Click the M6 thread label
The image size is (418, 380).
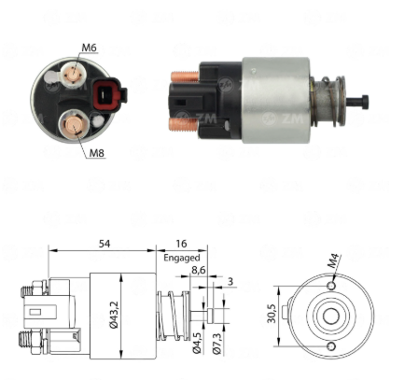[x=89, y=48]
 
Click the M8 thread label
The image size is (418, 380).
[x=97, y=153]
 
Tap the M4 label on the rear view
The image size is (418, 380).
[x=333, y=261]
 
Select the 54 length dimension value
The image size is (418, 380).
[x=104, y=244]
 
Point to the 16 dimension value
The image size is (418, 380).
[x=181, y=244]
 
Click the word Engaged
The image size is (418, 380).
[x=182, y=258]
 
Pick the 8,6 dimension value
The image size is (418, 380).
[x=199, y=270]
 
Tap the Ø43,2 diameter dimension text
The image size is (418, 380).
[x=114, y=314]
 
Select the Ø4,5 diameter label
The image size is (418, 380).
[x=197, y=342]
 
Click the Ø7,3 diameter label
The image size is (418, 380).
[x=216, y=344]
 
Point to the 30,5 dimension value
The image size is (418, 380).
[x=272, y=313]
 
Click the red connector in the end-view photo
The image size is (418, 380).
[x=107, y=93]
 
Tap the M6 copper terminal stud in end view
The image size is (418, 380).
[x=74, y=74]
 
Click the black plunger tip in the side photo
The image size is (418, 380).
[x=357, y=102]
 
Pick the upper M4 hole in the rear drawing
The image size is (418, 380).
[x=332, y=286]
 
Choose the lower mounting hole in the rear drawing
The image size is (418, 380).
[x=332, y=346]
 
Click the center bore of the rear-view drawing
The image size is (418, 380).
[x=331, y=317]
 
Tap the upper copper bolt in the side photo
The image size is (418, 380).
[x=185, y=77]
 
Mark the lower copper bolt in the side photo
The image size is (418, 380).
[x=184, y=124]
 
